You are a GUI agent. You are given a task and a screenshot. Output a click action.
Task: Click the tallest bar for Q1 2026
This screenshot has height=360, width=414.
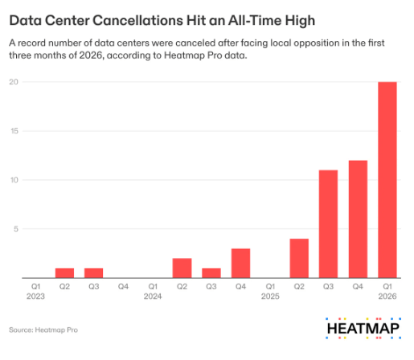pyautogui.click(x=387, y=180)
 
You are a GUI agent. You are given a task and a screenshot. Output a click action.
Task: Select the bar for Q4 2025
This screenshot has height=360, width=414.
pyautogui.click(x=358, y=219)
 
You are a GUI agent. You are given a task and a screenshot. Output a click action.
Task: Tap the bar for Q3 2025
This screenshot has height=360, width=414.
pyautogui.click(x=328, y=224)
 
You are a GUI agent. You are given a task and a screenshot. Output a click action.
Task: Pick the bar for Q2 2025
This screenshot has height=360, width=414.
pyautogui.click(x=299, y=258)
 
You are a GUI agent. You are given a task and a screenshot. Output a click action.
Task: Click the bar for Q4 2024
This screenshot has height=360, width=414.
pyautogui.click(x=240, y=264)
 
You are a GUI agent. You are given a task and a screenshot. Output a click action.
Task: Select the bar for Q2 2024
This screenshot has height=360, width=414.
pyautogui.click(x=182, y=268)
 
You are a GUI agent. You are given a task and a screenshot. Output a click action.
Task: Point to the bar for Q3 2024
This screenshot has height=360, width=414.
pyautogui.click(x=211, y=273)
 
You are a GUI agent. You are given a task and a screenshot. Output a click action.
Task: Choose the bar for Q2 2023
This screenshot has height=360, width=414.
pyautogui.click(x=64, y=273)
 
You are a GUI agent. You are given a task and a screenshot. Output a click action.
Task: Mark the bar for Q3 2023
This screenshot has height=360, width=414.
pyautogui.click(x=94, y=273)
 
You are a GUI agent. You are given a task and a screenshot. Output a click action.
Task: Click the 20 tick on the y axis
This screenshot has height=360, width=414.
pyautogui.click(x=14, y=82)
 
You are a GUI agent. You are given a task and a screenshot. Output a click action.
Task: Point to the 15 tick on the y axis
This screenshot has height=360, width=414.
pyautogui.click(x=14, y=131)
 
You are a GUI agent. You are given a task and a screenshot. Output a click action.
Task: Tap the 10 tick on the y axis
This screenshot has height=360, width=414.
pyautogui.click(x=14, y=180)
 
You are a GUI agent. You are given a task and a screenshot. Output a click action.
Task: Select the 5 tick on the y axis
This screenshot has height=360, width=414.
pyautogui.click(x=16, y=229)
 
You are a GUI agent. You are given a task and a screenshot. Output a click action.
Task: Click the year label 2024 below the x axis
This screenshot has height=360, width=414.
pyautogui.click(x=153, y=297)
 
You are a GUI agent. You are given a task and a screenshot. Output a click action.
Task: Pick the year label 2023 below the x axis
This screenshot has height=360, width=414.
pyautogui.click(x=35, y=297)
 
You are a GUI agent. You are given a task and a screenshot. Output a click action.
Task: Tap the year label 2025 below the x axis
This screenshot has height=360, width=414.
pyautogui.click(x=270, y=297)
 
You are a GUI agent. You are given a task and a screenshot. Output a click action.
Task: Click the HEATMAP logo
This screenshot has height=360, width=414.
pyautogui.click(x=363, y=329)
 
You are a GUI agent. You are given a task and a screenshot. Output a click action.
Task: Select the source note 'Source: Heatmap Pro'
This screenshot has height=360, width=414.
pyautogui.click(x=43, y=329)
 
